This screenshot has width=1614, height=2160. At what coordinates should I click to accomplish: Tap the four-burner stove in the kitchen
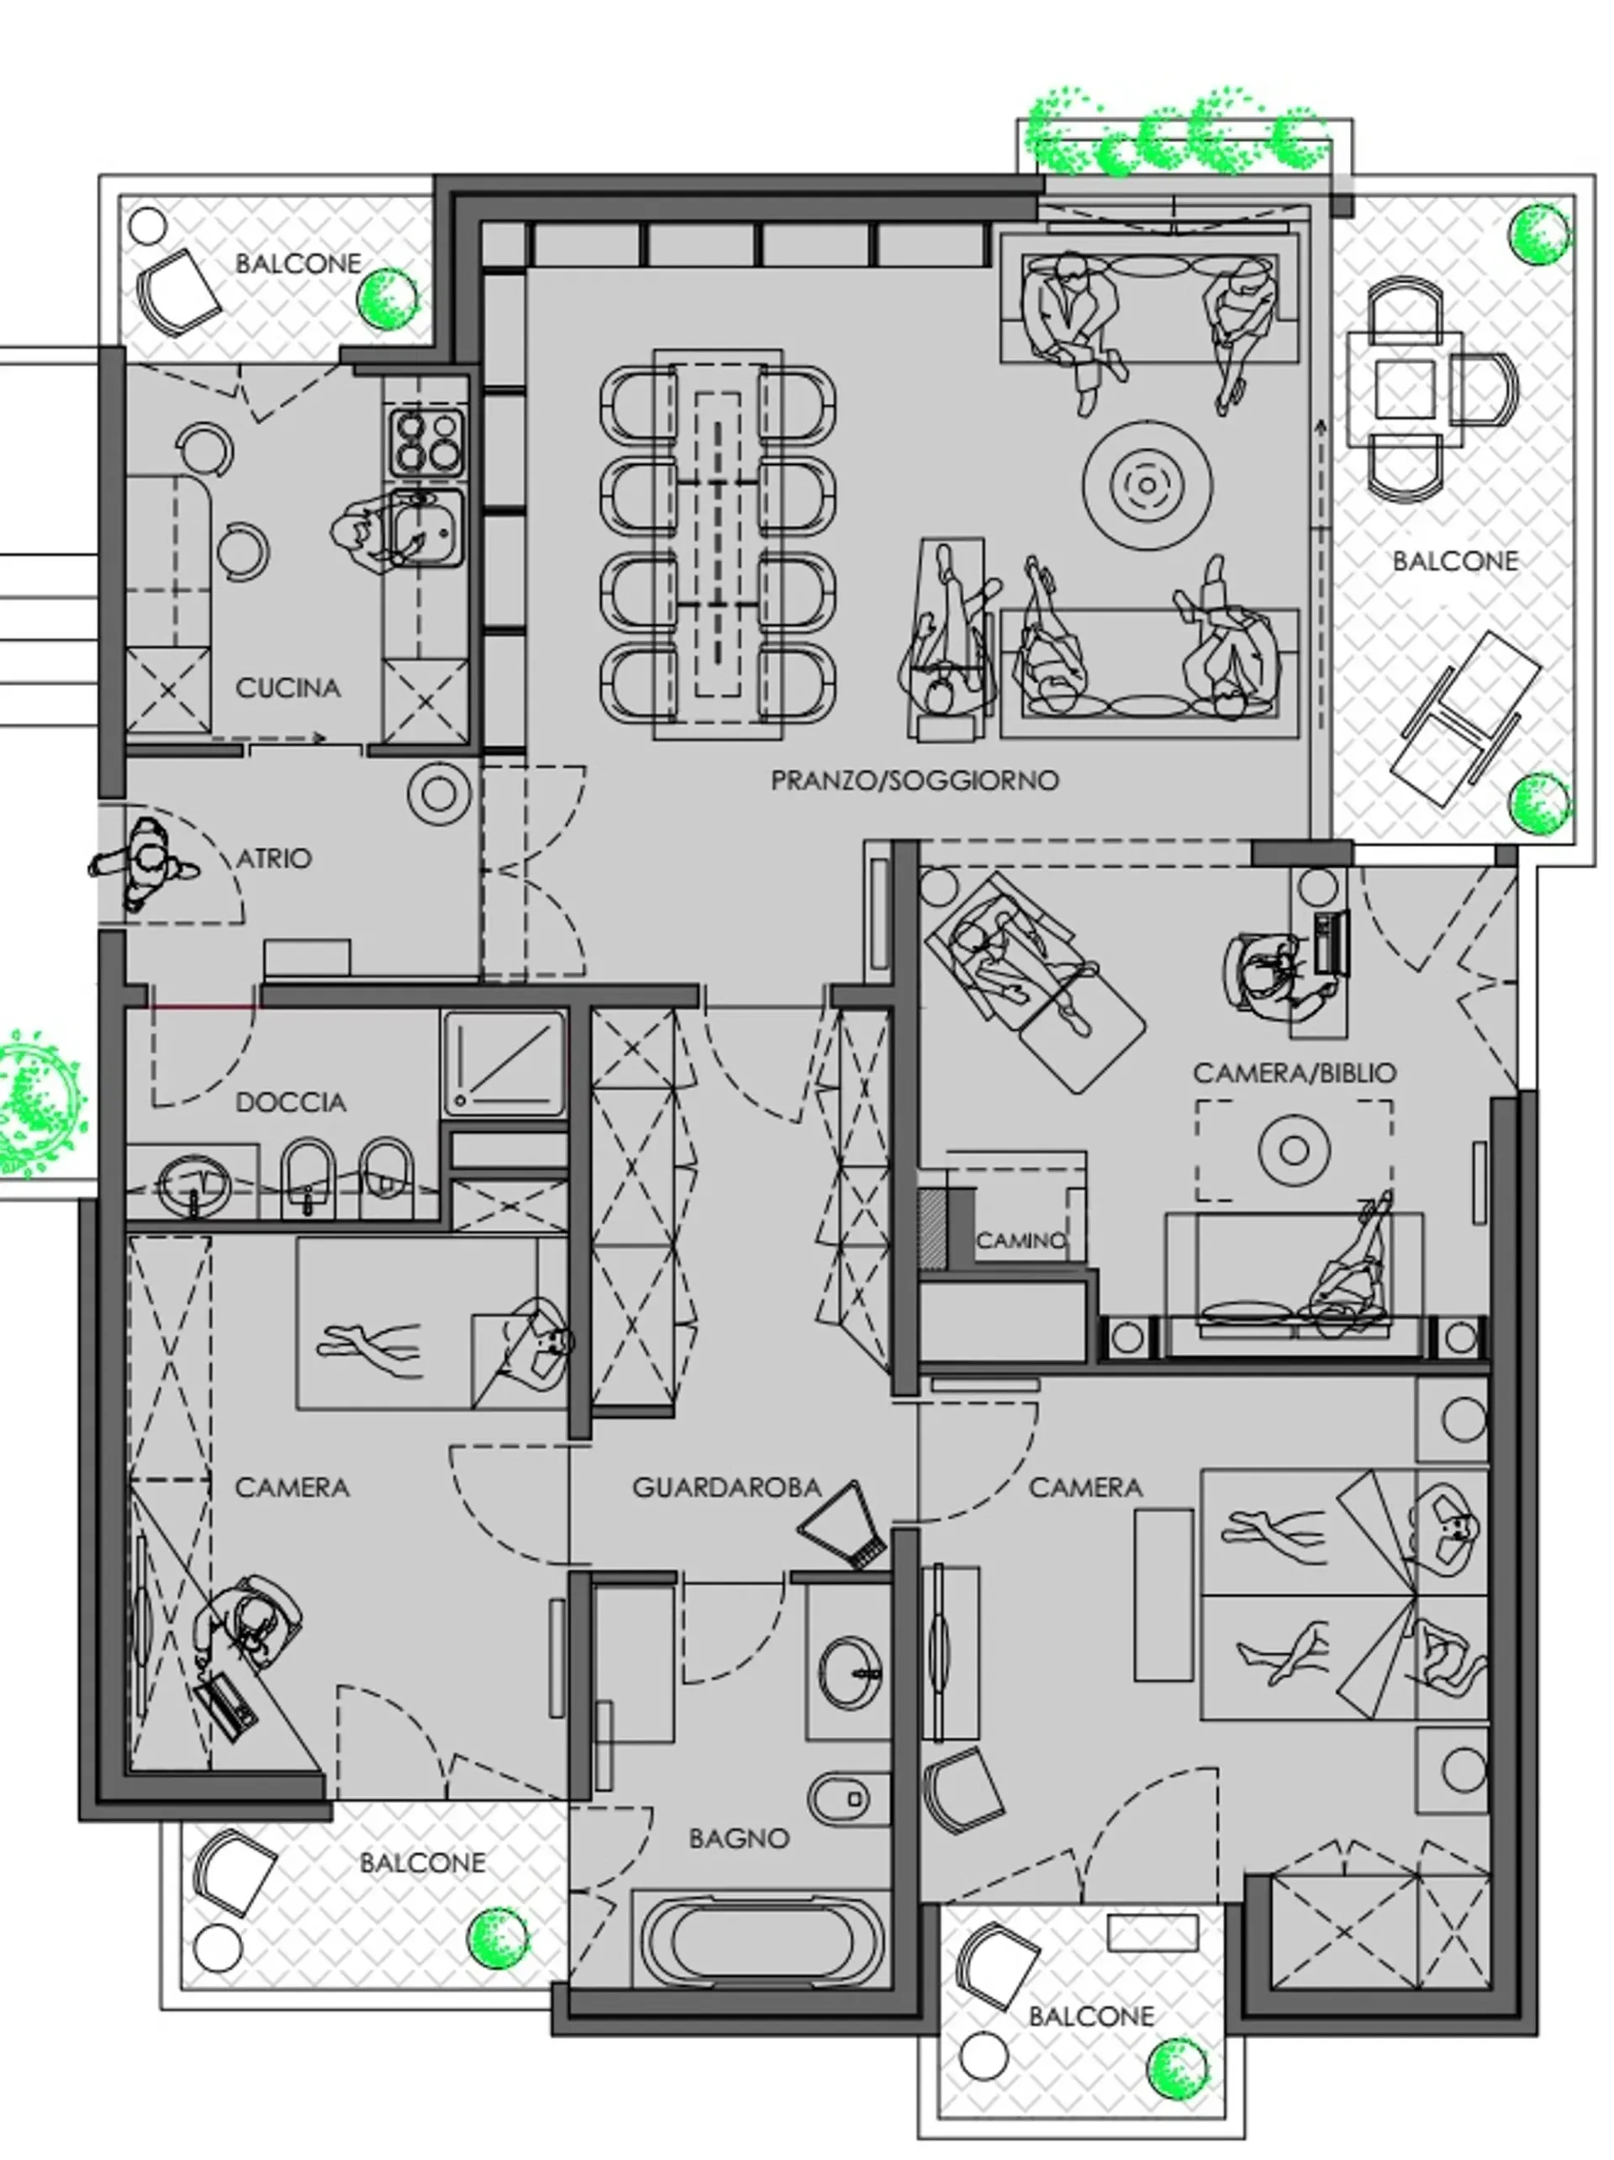pos(425,441)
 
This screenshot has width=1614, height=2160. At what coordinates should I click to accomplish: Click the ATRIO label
pos(274,858)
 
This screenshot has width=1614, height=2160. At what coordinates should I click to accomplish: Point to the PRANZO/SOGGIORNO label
pos(914,780)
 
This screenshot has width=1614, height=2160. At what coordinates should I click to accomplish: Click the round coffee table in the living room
pos(1147,483)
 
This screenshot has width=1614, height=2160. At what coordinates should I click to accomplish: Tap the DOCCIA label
pos(291,1102)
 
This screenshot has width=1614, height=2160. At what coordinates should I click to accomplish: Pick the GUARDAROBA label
pos(726,1487)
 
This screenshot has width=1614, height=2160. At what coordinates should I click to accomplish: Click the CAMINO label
pos(1021,1240)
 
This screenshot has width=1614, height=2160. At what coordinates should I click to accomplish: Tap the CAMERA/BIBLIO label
pos(1294,1072)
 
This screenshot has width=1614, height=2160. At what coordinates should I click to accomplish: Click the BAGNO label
pos(738,1839)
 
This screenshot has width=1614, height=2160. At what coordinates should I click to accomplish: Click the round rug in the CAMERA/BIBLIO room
pos(1294,1150)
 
